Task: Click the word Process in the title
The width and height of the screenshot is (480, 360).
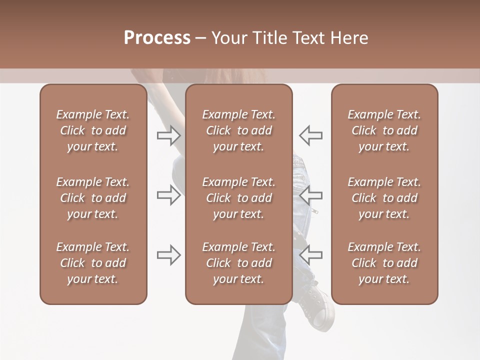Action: point(157,38)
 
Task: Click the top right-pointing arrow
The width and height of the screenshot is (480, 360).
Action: point(169,135)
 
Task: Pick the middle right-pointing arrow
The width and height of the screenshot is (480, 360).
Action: point(169,195)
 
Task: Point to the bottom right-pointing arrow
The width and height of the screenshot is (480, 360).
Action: point(169,255)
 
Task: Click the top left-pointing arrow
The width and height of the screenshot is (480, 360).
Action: point(310,135)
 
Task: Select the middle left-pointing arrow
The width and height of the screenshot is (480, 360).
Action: point(310,195)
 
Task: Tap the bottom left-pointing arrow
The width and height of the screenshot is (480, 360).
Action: point(310,255)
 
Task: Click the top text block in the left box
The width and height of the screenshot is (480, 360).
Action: point(93,130)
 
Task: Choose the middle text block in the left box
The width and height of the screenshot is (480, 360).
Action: point(93,198)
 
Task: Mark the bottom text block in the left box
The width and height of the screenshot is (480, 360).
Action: point(93,263)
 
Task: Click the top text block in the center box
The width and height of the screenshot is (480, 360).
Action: point(238,130)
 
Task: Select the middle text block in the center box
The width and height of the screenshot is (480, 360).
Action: point(238,198)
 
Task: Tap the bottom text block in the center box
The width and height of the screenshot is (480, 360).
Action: point(238,263)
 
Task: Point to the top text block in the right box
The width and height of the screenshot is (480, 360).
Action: point(384,130)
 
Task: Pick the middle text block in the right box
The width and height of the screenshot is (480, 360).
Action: point(384,198)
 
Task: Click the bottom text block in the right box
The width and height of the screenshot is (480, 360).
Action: point(384,263)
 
